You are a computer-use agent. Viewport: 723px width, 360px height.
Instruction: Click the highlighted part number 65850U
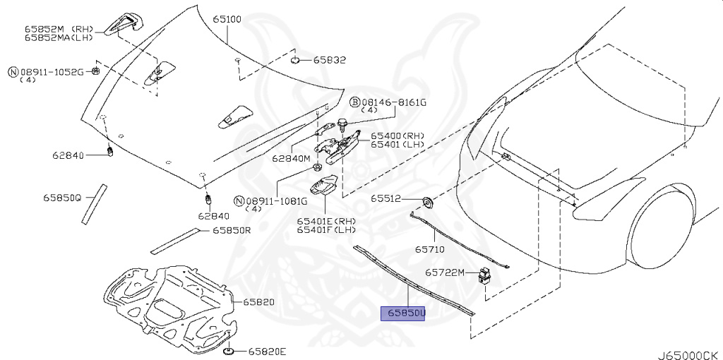(403, 313)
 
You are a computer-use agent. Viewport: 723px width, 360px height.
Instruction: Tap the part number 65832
(330, 61)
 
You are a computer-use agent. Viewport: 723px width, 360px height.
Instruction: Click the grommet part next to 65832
(297, 59)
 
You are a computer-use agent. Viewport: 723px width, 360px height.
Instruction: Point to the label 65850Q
(61, 199)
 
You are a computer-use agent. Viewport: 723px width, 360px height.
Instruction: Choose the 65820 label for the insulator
(259, 301)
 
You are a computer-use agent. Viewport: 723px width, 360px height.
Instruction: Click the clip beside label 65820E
(229, 351)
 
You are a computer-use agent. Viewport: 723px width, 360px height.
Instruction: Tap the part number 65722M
(445, 272)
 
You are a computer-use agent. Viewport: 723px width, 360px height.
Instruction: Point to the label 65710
(429, 249)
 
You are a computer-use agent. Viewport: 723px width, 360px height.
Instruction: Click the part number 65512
(386, 199)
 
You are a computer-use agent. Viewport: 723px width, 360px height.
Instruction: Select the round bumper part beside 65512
(427, 203)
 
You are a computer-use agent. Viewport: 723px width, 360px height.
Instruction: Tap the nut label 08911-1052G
(51, 72)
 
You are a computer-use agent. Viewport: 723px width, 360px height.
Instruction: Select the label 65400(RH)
(398, 136)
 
